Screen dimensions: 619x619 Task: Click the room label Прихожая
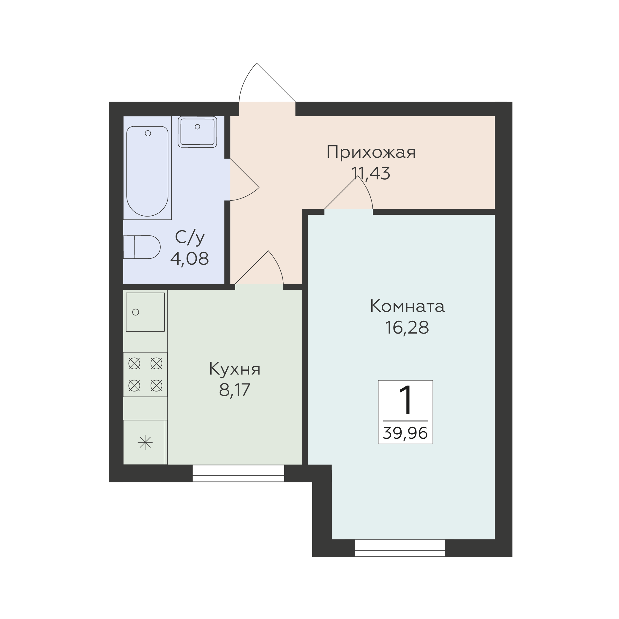tap(371, 152)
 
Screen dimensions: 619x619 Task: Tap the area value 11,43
tap(371, 173)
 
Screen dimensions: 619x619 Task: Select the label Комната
tap(407, 306)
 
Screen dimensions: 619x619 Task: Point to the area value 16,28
tap(407, 327)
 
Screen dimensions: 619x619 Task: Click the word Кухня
tap(235, 369)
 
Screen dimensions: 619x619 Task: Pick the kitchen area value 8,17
tap(235, 390)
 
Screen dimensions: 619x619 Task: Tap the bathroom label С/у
tap(190, 237)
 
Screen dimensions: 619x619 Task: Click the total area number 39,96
tap(405, 433)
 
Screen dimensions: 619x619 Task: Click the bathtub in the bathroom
tap(147, 171)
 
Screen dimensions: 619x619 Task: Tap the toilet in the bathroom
tap(142, 247)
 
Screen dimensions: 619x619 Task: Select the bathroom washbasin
tap(197, 132)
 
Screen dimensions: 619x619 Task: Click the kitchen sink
tap(145, 312)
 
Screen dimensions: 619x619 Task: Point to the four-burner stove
tap(145, 374)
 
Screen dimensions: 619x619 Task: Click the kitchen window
tap(239, 473)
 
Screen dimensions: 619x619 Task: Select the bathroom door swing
tap(244, 179)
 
